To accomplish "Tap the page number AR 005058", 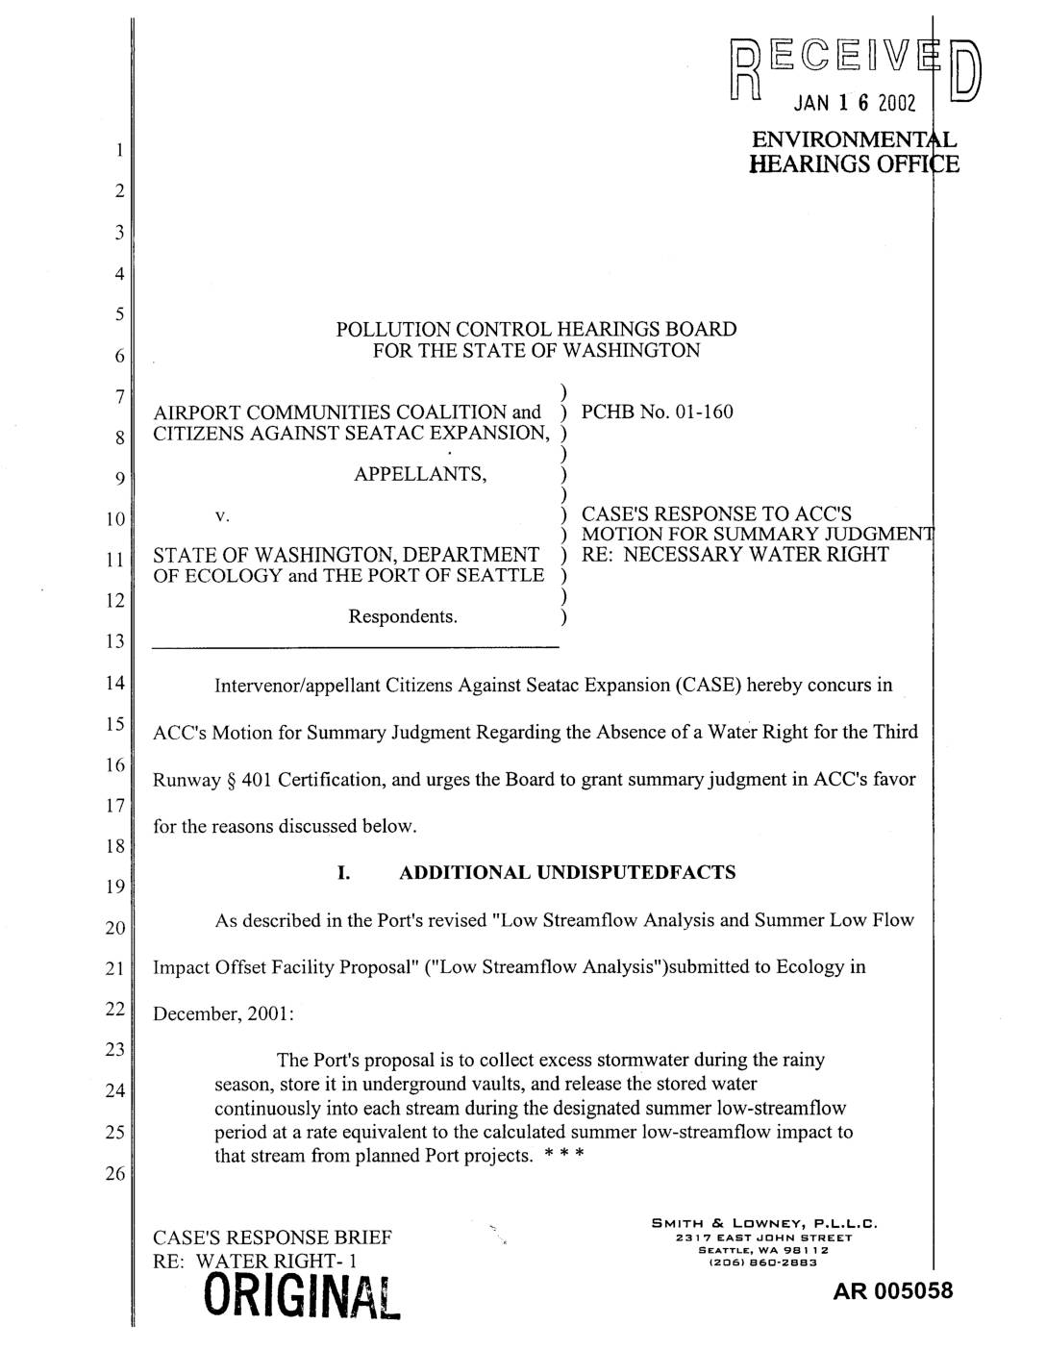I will point(893,1290).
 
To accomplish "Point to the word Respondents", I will point(402,615).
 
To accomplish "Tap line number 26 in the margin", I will point(114,1174).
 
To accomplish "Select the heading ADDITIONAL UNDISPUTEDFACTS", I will point(567,873).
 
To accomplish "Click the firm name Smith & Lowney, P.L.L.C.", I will point(765,1223).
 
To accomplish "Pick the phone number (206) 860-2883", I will point(765,1262).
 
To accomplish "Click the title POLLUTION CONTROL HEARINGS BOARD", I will point(536,329).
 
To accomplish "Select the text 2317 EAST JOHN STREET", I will point(765,1237).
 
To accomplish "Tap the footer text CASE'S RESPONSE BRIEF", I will point(272,1237).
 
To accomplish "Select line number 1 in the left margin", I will point(117,150).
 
